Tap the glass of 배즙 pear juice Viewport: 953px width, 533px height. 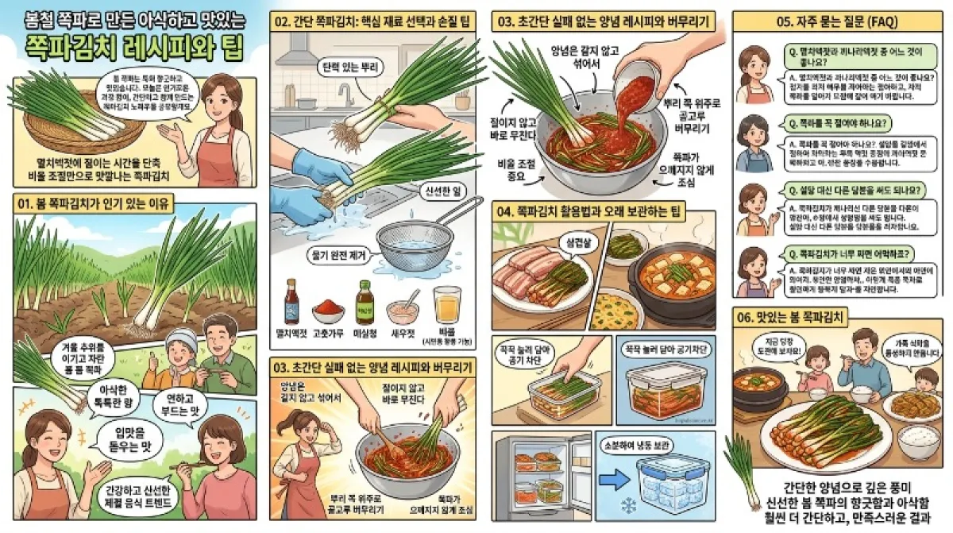pyautogui.click(x=447, y=305)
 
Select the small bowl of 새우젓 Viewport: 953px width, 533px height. pyautogui.click(x=403, y=308)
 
